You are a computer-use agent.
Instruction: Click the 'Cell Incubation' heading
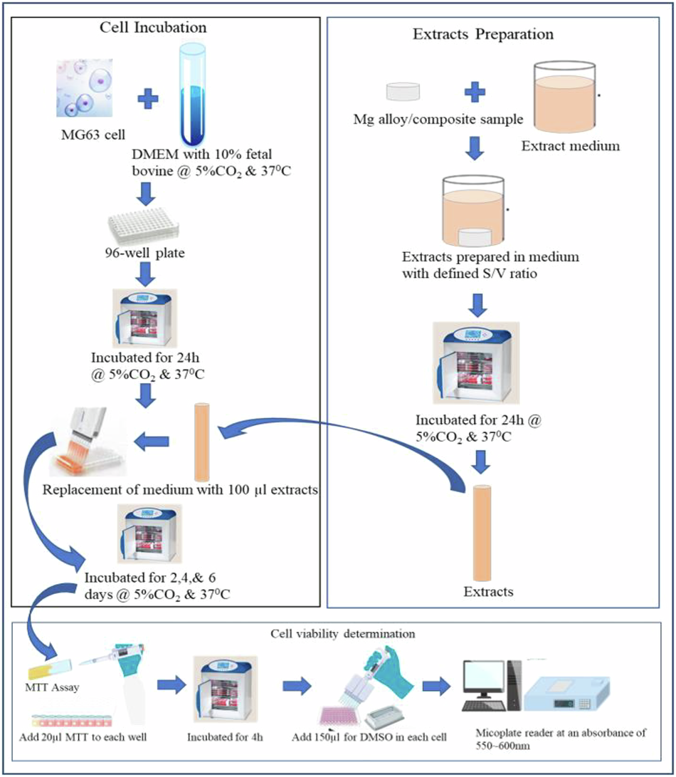coord(153,27)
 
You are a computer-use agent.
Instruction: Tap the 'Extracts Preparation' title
coord(483,34)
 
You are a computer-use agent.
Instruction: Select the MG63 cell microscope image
coord(85,88)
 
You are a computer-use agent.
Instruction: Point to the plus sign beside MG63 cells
coord(147,99)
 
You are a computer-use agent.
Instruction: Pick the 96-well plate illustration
coord(144,227)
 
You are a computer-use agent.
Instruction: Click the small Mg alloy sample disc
coord(403,92)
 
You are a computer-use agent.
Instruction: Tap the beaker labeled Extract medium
coord(564,97)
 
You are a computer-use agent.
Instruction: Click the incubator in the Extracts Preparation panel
coord(476,363)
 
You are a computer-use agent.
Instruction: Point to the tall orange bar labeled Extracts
coord(482,533)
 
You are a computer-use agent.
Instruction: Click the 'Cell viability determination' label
coord(343,634)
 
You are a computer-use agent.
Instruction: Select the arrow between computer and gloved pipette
coord(437,687)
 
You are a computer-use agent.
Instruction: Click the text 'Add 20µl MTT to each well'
coord(83,737)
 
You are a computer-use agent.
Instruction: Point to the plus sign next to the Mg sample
coord(475,92)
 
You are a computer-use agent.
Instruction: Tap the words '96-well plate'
coord(144,254)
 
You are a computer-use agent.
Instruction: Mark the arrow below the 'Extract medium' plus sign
coord(475,148)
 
